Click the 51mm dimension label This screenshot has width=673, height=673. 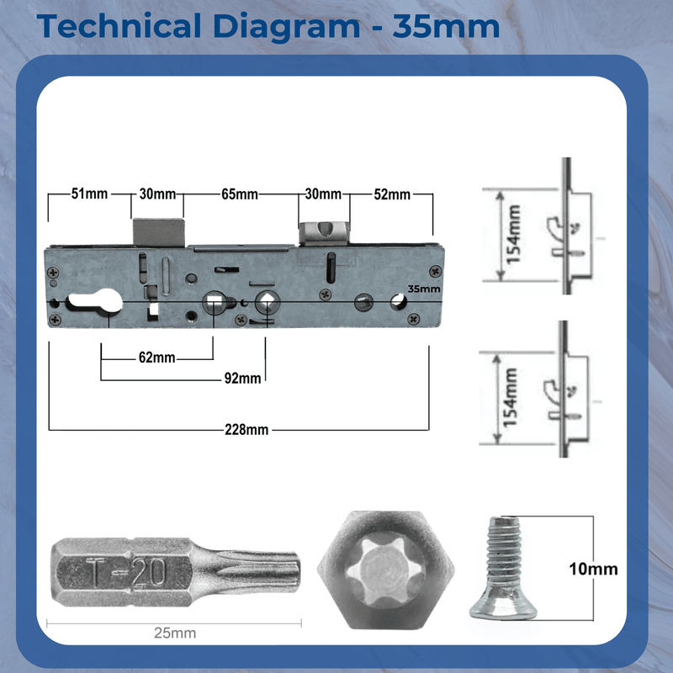89,194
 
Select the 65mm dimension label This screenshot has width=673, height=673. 239,194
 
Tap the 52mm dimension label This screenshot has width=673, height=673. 392,194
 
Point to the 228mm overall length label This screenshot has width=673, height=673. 246,430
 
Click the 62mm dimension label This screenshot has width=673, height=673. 156,358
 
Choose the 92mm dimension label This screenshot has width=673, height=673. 243,379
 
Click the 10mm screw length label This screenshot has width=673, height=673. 593,569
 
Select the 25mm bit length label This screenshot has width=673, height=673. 174,633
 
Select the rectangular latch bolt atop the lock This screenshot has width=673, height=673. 157,231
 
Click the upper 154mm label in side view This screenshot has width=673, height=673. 515,235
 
